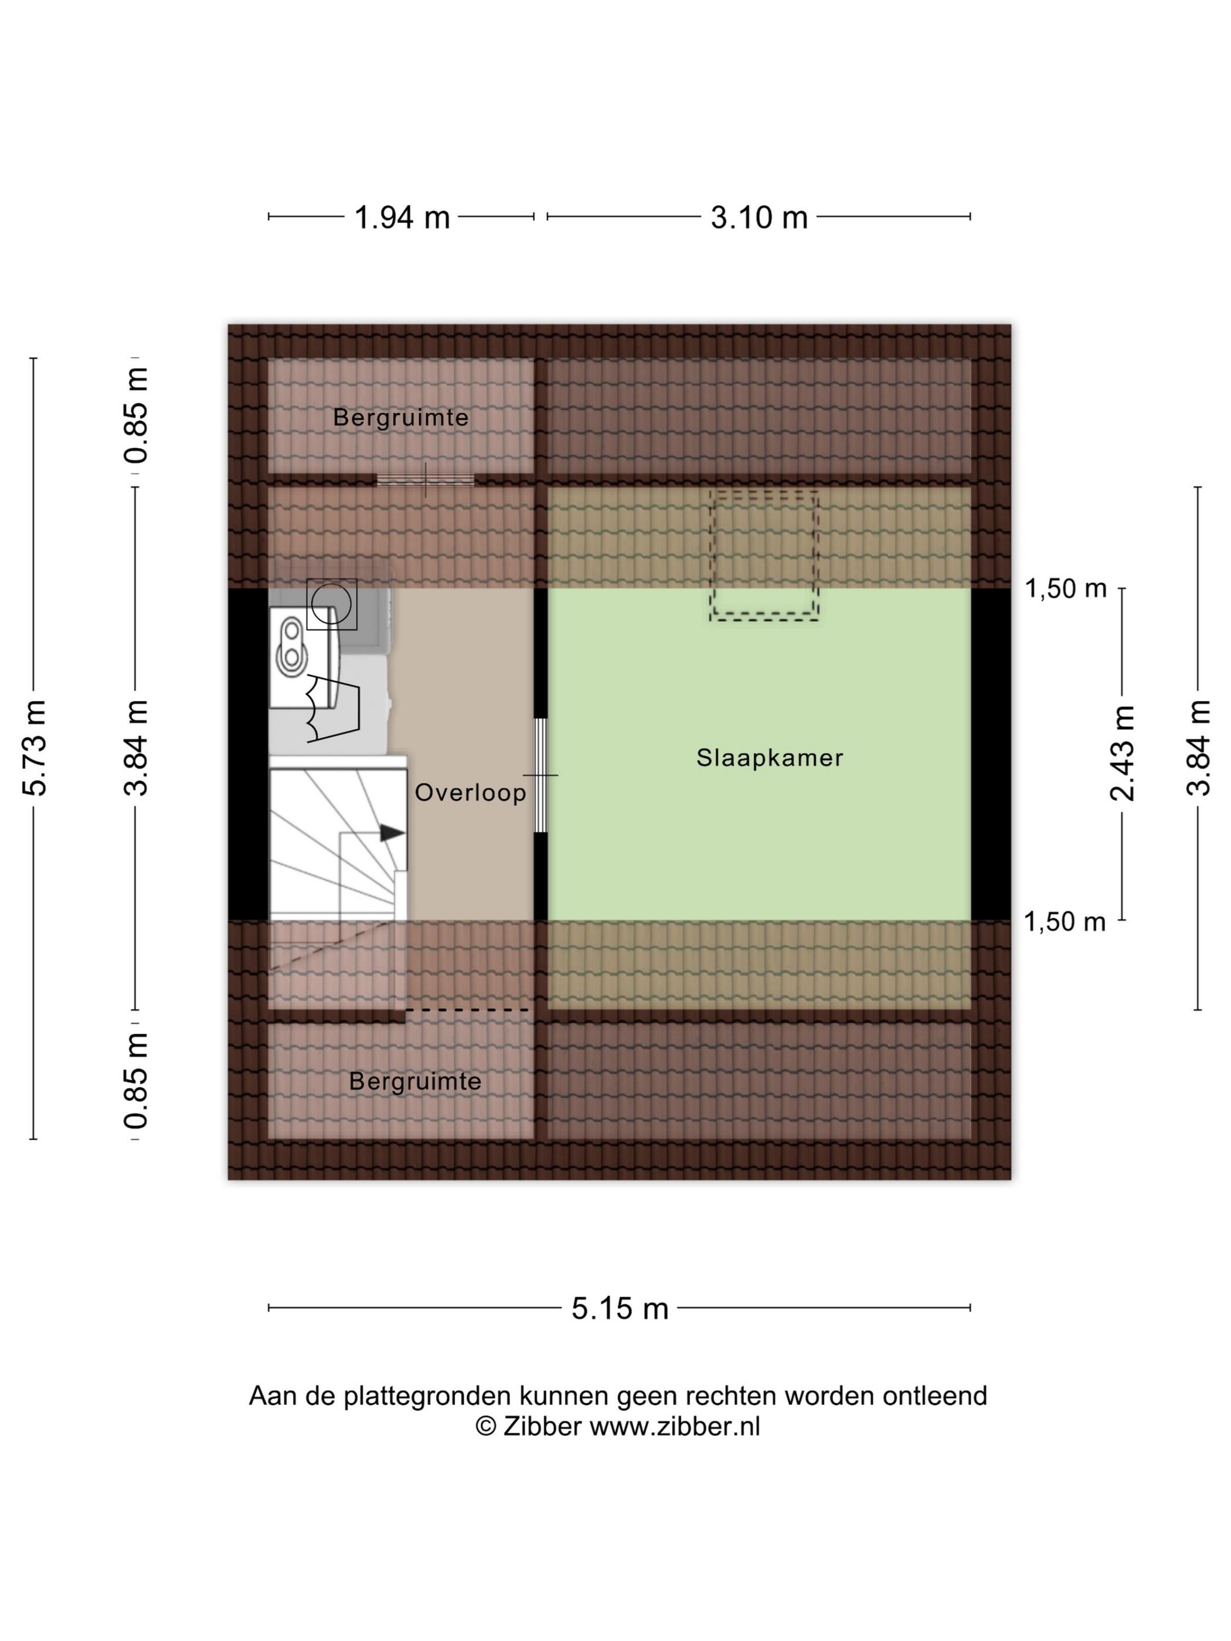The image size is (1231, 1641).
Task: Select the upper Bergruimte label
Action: tap(401, 418)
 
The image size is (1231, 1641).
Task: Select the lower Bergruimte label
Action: tap(415, 1082)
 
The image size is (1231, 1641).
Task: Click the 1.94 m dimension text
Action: tap(402, 217)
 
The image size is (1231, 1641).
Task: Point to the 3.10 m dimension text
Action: tap(759, 217)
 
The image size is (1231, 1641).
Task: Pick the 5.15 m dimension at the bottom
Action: tap(620, 1308)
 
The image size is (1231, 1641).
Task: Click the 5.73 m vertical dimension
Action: tap(35, 748)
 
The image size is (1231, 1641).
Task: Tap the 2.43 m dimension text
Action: tap(1122, 753)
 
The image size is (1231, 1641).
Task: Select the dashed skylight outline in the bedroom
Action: tap(764, 555)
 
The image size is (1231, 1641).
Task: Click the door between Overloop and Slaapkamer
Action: tap(541, 775)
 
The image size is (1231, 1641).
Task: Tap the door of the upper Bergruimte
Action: tap(425, 480)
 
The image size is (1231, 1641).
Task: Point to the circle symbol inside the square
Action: tap(331, 604)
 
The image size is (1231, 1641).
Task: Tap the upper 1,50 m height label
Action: tap(1066, 588)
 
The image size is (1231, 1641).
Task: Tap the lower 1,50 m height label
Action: tap(1065, 921)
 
